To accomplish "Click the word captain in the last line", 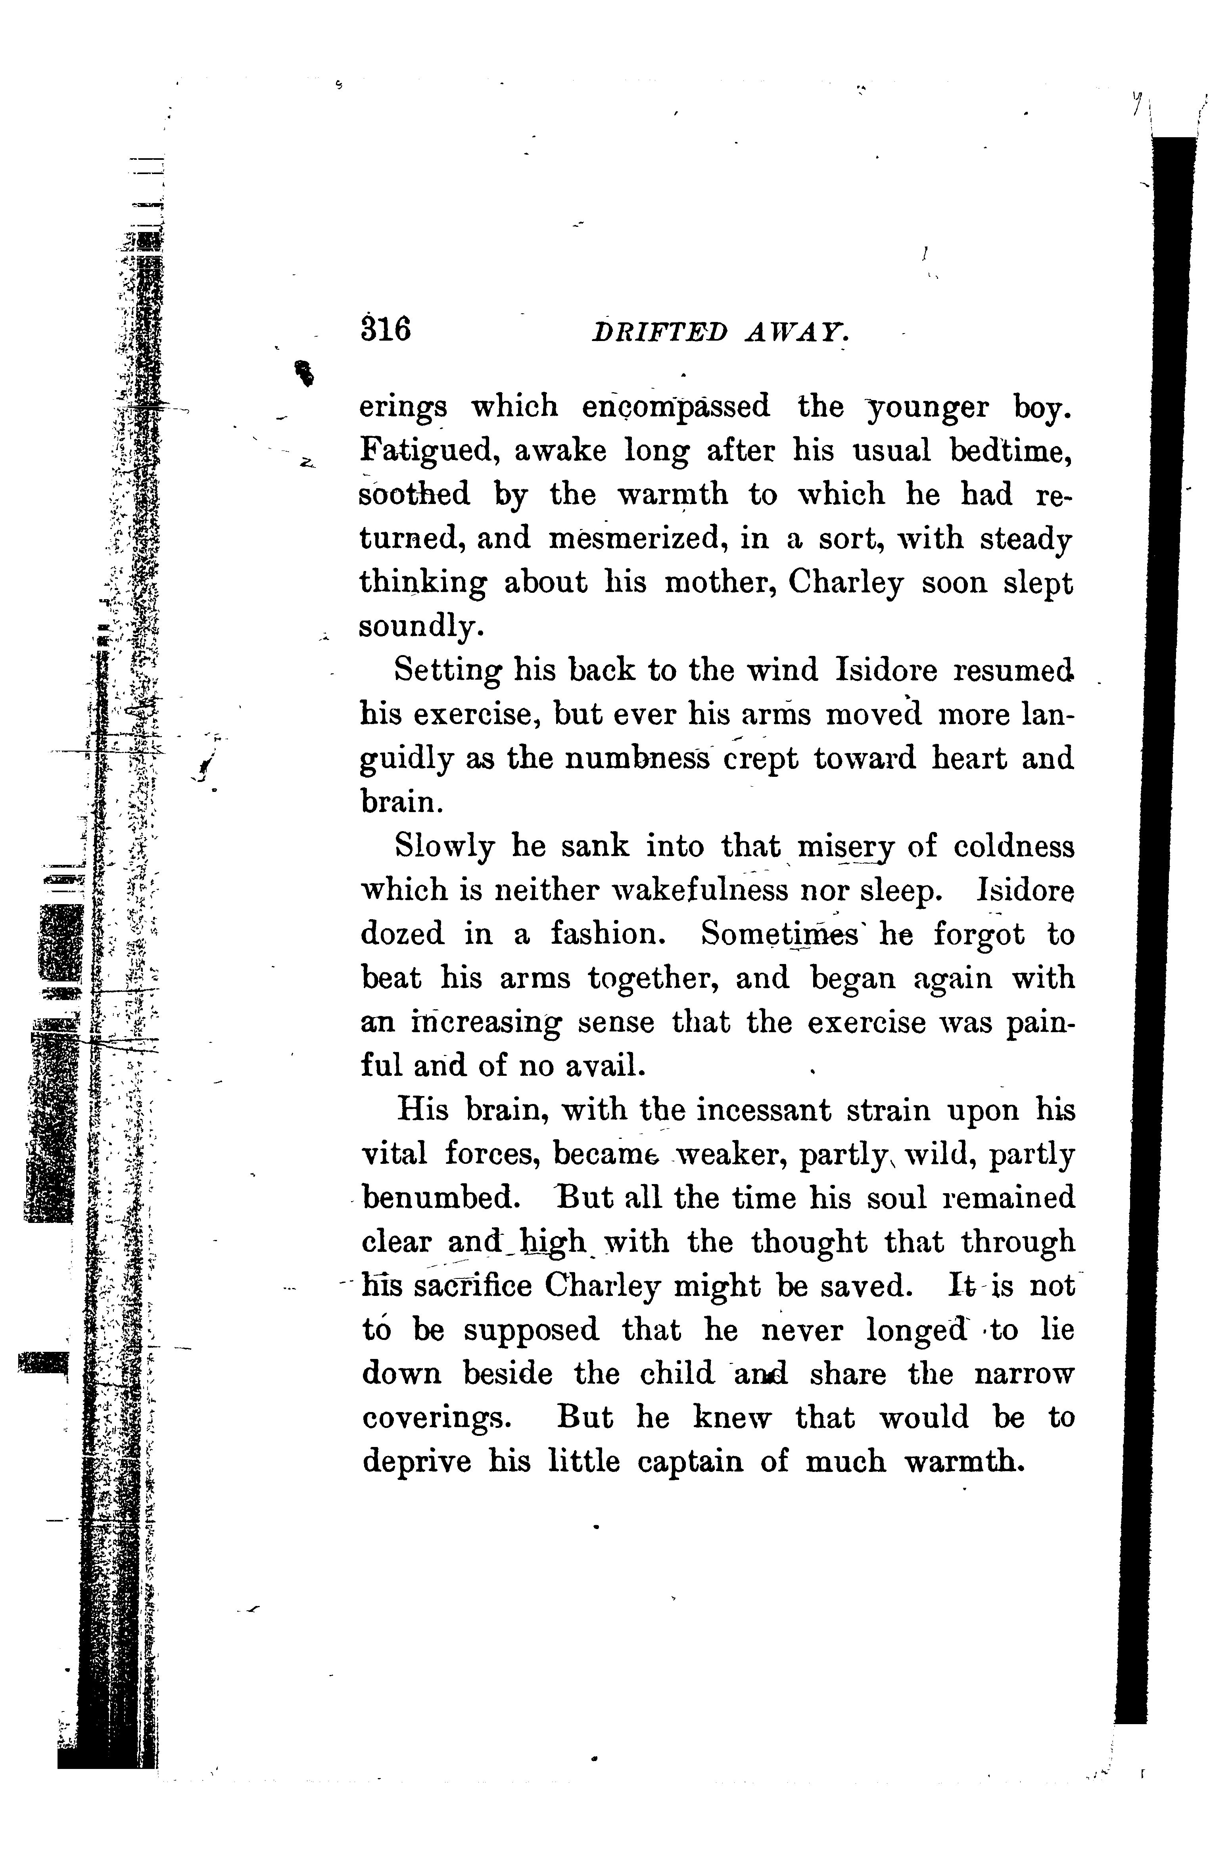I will pos(690,1461).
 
